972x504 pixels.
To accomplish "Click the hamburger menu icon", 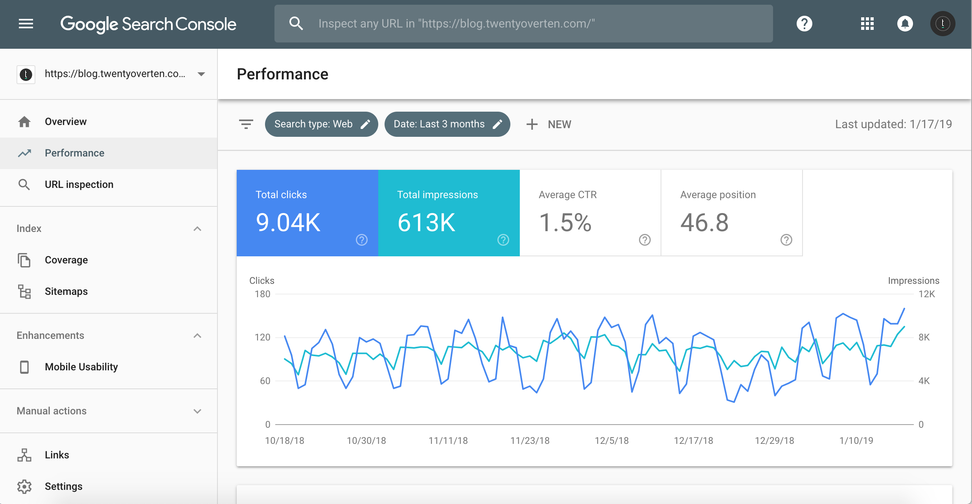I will click(26, 24).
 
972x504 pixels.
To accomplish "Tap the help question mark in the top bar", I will click(804, 24).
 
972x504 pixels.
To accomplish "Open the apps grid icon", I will click(867, 24).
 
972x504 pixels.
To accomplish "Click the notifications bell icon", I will click(905, 24).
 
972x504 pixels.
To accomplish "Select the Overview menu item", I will click(66, 122).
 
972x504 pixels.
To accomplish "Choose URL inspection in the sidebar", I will click(79, 185).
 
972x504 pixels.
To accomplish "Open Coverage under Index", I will click(66, 260).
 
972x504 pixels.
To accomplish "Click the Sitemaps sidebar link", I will click(66, 292).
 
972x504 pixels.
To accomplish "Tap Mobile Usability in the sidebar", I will click(81, 367).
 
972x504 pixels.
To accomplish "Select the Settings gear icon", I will click(24, 487).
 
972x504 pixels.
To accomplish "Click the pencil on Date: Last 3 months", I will click(497, 124).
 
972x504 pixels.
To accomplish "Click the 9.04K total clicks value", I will click(288, 223).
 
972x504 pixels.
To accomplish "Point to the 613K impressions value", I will click(426, 223).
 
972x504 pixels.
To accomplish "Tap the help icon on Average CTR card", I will click(644, 240).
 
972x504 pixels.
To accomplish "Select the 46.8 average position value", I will click(704, 223).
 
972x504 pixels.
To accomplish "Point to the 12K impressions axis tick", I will click(926, 294).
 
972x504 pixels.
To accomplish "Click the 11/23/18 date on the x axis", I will click(530, 441).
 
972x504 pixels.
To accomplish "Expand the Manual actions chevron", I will click(197, 411).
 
